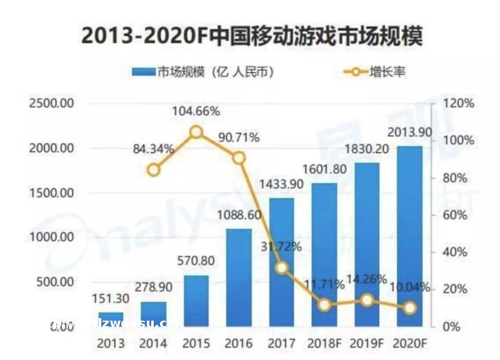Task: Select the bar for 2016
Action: (239, 277)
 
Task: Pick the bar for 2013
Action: (111, 319)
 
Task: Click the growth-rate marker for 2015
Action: (196, 132)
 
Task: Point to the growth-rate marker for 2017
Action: (281, 267)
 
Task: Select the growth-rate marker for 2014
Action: (154, 169)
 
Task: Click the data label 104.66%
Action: (196, 111)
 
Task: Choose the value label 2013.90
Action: (409, 132)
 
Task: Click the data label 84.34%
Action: (154, 149)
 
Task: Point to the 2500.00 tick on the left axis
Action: (52, 103)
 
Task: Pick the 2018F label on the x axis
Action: (324, 344)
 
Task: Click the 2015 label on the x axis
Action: (196, 344)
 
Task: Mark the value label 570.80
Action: (196, 261)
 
